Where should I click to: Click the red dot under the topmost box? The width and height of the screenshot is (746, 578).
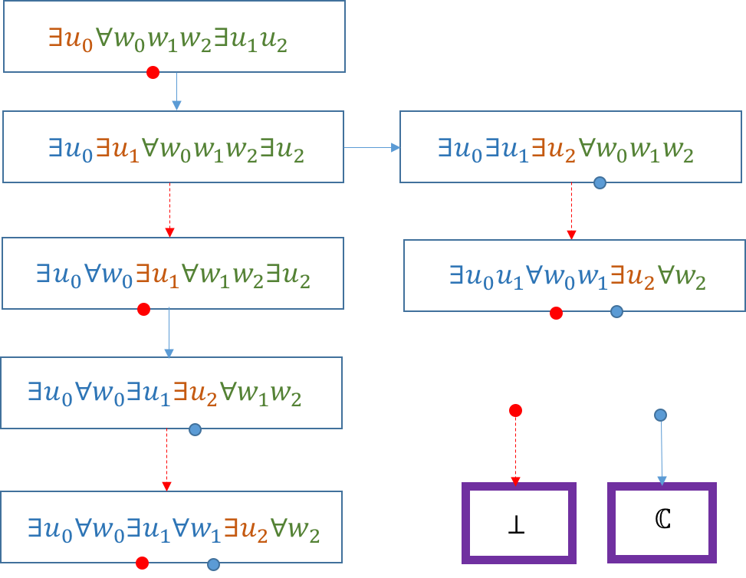click(153, 73)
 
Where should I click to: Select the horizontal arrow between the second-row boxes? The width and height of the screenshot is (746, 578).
click(372, 147)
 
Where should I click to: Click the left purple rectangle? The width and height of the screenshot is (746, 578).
click(519, 523)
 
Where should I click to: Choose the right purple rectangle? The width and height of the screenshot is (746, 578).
click(662, 523)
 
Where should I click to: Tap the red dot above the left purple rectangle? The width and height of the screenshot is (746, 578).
click(515, 411)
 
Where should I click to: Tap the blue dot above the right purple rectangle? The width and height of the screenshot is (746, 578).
click(660, 415)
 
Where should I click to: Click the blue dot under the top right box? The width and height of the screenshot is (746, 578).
click(600, 182)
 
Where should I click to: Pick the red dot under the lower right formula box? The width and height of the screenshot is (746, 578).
click(556, 313)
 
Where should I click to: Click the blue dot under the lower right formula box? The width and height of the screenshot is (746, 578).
click(616, 311)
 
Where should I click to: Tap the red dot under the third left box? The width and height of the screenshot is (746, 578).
click(143, 310)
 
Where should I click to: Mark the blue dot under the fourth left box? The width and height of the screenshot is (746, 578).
click(195, 430)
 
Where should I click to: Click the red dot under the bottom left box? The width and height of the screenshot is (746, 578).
click(142, 563)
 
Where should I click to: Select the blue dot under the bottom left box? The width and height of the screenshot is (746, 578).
click(213, 565)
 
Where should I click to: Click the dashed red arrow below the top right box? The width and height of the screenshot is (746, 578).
click(571, 211)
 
